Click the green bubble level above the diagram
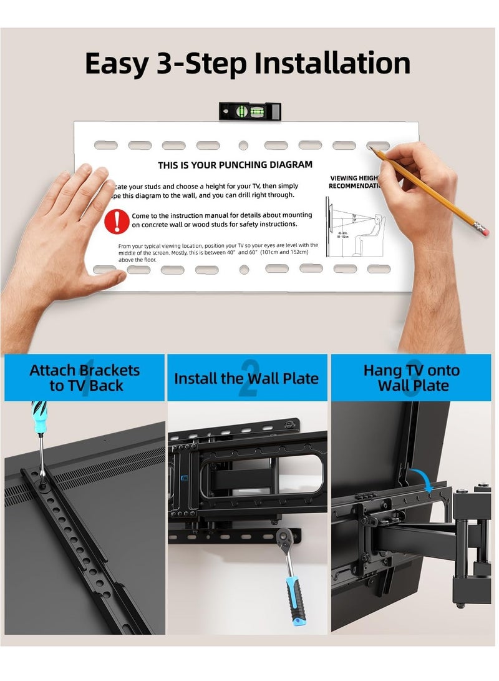249,112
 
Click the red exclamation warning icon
117,221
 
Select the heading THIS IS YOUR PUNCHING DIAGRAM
235,165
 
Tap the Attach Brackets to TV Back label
85,378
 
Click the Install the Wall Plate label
246,378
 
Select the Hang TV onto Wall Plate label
412,378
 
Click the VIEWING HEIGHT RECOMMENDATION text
354,182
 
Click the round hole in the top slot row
243,145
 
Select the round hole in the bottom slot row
244,270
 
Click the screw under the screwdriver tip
44,474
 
